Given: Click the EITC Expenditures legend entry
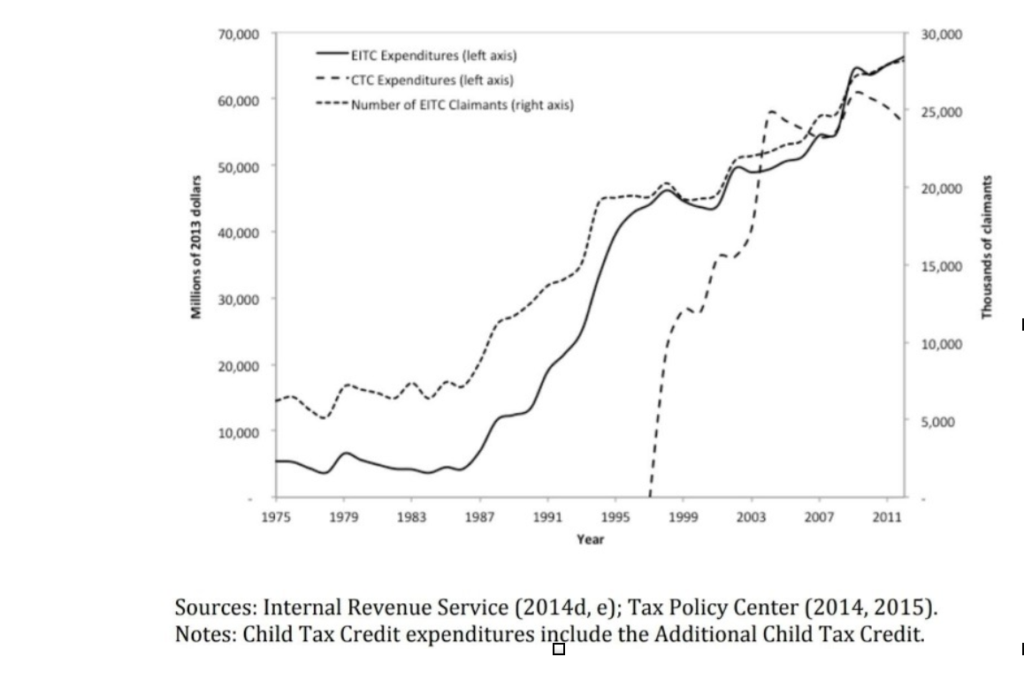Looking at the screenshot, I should tap(433, 55).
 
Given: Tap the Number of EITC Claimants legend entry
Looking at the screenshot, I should tap(462, 104).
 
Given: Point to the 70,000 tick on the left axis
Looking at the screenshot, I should tap(239, 34).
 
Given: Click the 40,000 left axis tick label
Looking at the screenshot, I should tap(239, 233).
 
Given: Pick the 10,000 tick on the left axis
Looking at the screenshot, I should tap(239, 432).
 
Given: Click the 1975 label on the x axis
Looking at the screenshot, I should tap(276, 518).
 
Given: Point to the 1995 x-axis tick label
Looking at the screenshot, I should tap(615, 518).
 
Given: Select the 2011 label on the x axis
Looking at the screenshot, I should tap(887, 518).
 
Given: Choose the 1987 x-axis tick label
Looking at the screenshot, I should tap(479, 518).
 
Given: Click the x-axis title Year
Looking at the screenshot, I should tap(590, 538).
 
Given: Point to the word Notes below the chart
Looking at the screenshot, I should tap(204, 635).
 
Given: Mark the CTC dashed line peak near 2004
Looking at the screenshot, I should tap(771, 112).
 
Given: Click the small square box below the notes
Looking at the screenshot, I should tap(558, 650).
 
